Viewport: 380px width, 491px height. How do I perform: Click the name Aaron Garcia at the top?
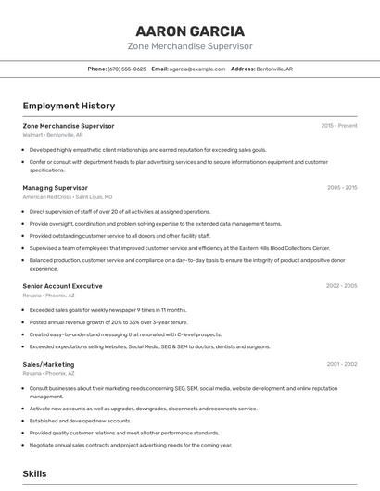pos(190,31)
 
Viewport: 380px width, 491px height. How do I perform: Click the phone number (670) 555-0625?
pos(126,69)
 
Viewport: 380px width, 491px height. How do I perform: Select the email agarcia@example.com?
pos(197,69)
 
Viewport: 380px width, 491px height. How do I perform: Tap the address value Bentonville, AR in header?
pos(275,69)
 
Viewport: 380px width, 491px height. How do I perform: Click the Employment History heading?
pos(69,106)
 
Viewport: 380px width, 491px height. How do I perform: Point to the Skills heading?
pos(34,473)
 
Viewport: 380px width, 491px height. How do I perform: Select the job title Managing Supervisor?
pos(55,187)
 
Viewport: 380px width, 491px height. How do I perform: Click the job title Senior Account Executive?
pos(62,286)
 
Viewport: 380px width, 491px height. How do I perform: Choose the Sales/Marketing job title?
pos(48,364)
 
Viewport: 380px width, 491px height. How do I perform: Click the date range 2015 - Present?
pos(338,125)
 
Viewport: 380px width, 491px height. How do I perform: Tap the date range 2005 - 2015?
pos(341,187)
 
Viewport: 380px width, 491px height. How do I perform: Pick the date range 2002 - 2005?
pos(341,286)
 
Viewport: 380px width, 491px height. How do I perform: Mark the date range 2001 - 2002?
pos(341,364)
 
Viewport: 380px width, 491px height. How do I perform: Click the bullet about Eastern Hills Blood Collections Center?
pos(179,248)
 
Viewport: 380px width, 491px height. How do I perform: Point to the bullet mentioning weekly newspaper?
pos(108,310)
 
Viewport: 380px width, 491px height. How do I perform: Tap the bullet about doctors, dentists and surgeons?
pos(149,346)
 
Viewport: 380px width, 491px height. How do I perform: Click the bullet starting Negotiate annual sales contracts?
pos(130,445)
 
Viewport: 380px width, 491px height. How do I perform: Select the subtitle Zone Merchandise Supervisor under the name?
pos(190,46)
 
